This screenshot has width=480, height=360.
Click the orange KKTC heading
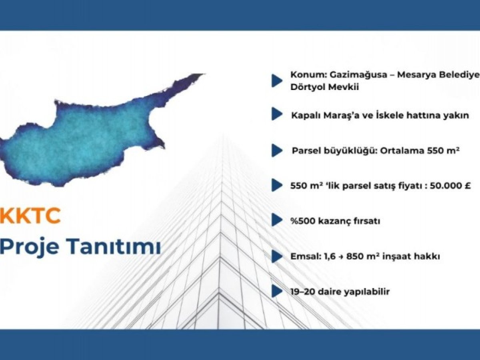30,216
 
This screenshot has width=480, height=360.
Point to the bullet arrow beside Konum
277,81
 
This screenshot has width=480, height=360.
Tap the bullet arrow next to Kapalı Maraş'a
277,114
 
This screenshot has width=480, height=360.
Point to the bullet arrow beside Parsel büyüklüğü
277,150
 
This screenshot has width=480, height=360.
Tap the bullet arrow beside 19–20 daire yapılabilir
277,291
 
